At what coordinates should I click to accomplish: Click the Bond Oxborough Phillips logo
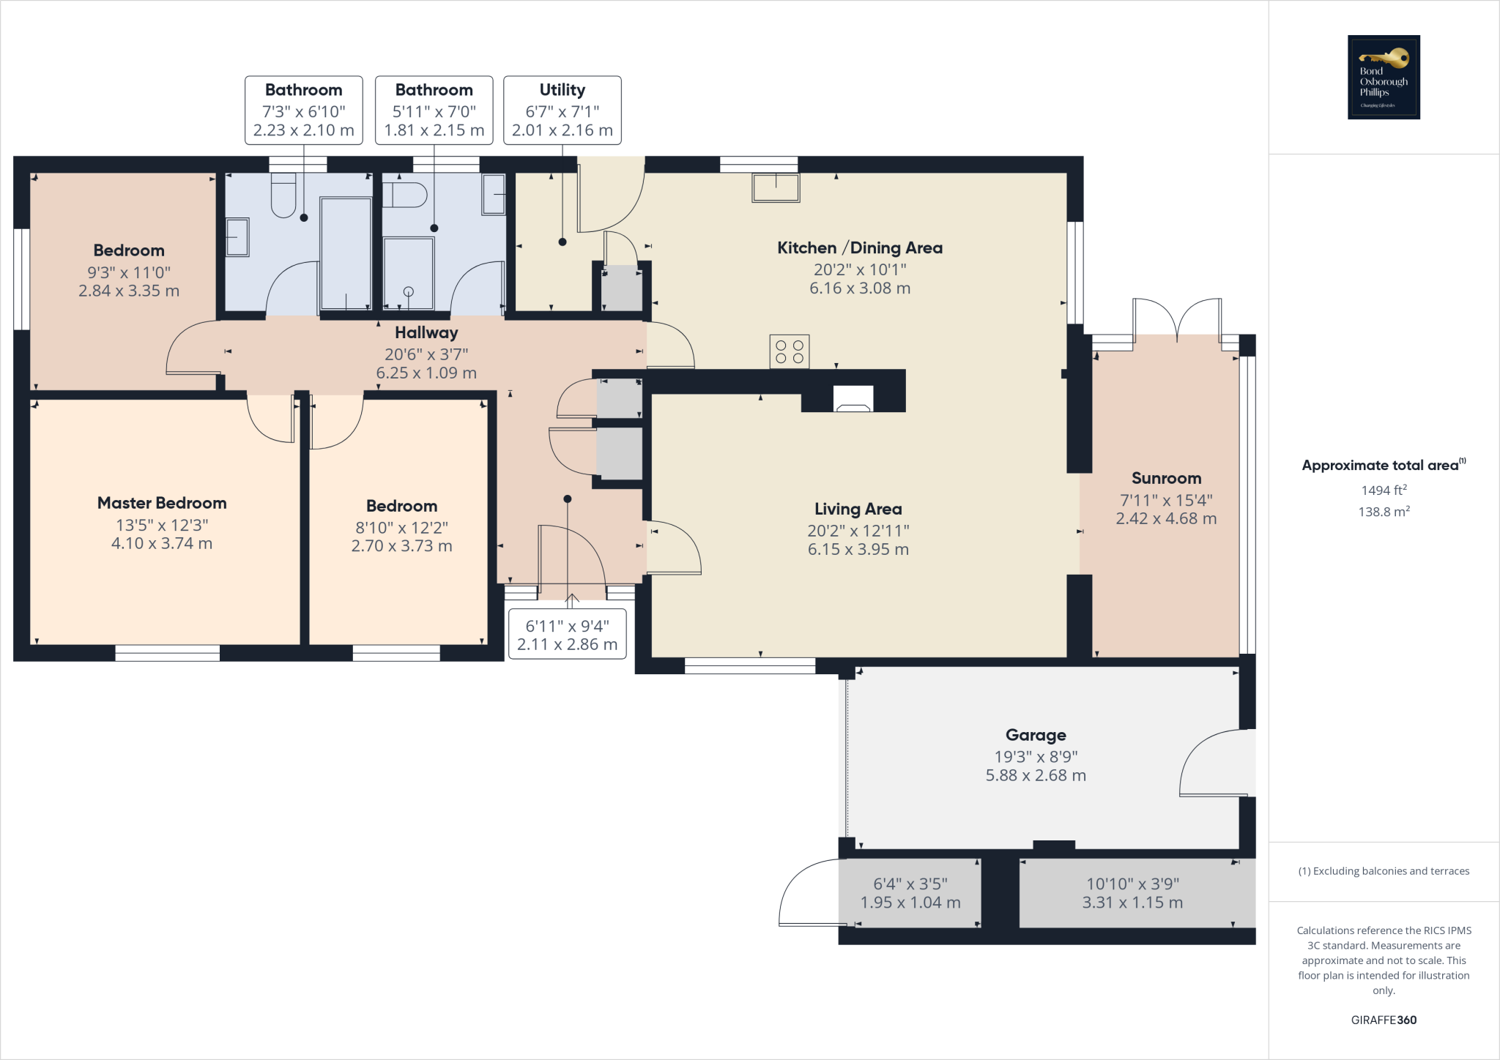click(1384, 77)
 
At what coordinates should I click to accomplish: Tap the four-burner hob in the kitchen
click(789, 351)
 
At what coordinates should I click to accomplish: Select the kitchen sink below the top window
click(776, 187)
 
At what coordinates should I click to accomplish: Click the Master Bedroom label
click(162, 503)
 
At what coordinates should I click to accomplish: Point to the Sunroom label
click(1166, 478)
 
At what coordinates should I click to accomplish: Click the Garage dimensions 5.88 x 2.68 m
click(1035, 775)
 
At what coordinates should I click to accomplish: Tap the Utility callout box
click(562, 110)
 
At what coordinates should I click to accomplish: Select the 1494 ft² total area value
click(1384, 490)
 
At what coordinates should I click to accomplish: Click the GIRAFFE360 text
click(1384, 1020)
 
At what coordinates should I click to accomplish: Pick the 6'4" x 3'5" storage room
click(910, 893)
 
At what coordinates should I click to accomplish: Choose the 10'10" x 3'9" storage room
click(1132, 893)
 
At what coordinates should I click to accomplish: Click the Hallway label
click(426, 332)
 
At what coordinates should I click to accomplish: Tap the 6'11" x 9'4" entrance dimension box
click(567, 635)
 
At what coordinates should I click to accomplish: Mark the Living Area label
click(858, 509)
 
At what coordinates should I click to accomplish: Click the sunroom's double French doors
click(1177, 319)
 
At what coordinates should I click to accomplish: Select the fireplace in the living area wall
click(853, 399)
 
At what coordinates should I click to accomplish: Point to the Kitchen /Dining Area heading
click(859, 247)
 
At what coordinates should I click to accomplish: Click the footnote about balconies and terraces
click(1384, 871)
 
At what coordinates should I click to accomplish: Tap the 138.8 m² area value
click(1384, 512)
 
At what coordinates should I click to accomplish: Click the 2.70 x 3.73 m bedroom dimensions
click(401, 546)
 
